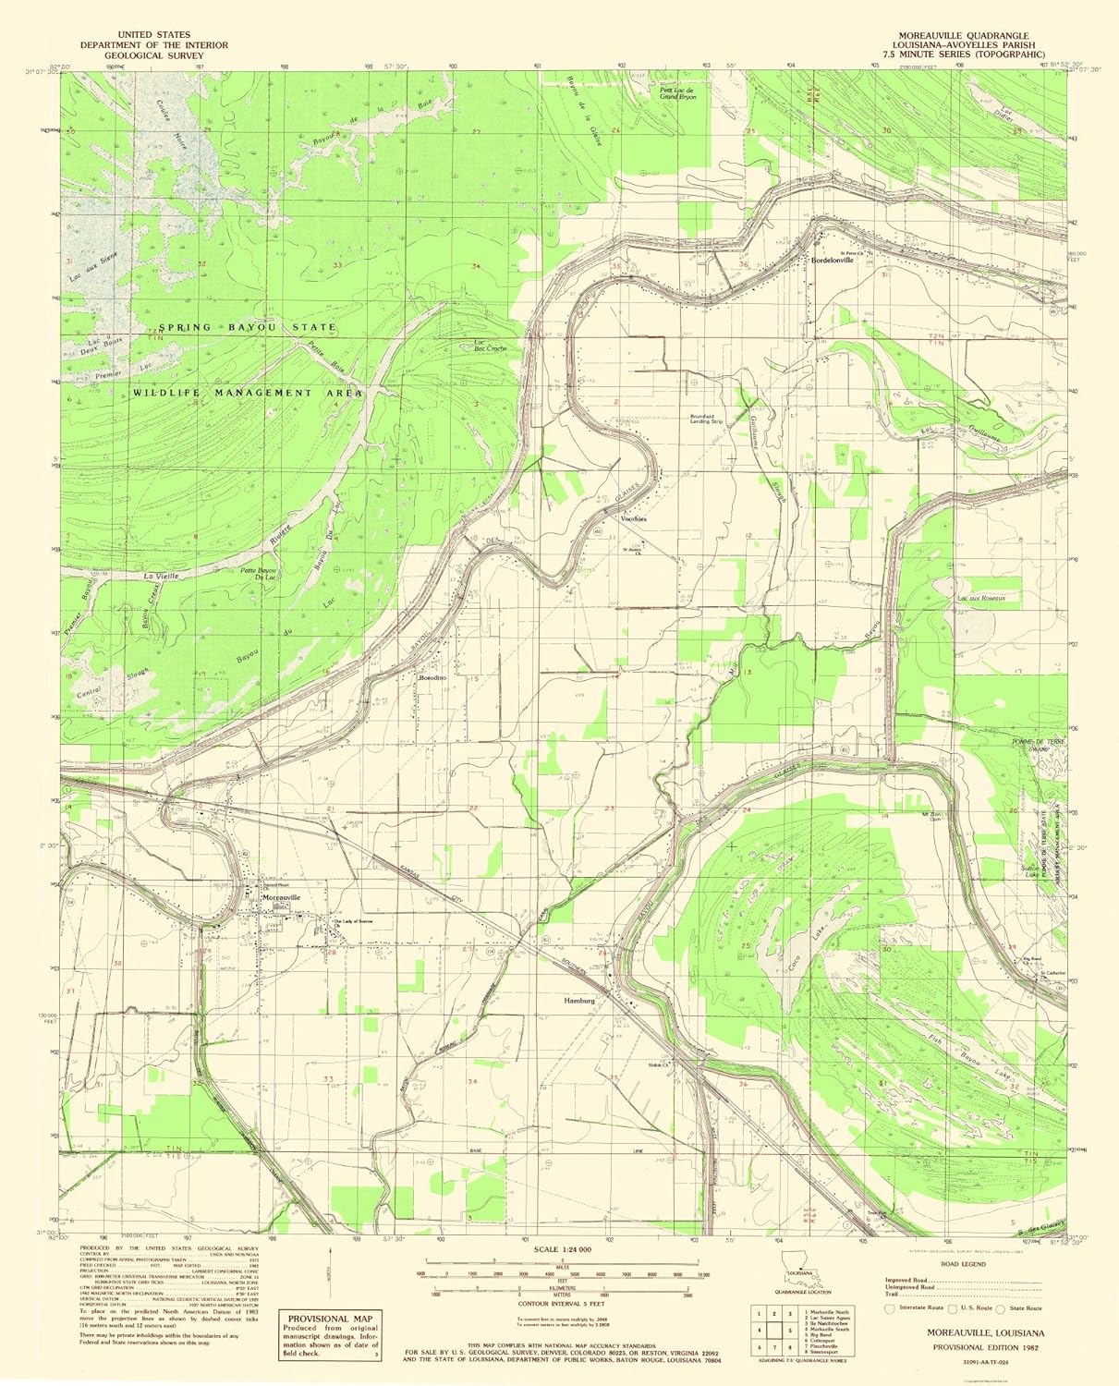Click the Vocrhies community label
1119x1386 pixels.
pyautogui.click(x=634, y=519)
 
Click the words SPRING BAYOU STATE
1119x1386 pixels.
pyautogui.click(x=246, y=328)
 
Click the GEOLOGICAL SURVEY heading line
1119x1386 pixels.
pyautogui.click(x=154, y=55)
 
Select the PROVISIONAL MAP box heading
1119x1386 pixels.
pyautogui.click(x=318, y=1319)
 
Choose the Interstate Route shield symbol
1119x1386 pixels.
pyautogui.click(x=891, y=1308)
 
